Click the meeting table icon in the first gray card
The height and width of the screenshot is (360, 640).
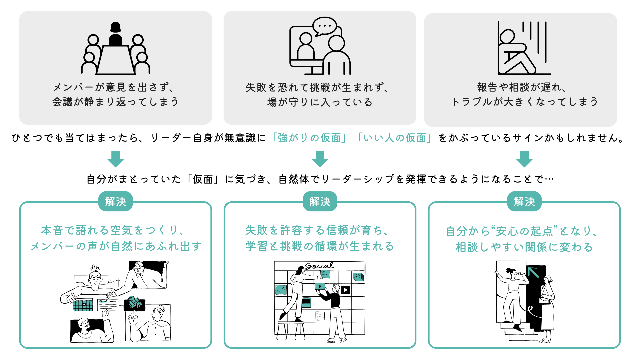click(115, 60)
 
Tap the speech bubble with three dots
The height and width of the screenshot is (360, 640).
click(324, 26)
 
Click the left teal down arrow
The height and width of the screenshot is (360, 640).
click(115, 159)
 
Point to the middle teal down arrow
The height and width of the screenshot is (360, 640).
click(320, 159)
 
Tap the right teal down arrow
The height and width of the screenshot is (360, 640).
click(524, 159)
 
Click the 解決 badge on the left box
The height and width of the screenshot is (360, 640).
click(115, 202)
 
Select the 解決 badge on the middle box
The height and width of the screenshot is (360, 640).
click(320, 202)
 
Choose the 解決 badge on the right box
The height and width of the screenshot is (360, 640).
click(524, 202)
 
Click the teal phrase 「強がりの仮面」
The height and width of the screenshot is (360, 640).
click(309, 138)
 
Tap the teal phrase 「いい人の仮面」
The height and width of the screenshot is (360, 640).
click(395, 138)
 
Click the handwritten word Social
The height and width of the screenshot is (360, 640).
click(319, 266)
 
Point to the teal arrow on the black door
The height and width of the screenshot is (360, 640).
click(533, 272)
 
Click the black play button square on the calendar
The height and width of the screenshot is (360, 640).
click(346, 290)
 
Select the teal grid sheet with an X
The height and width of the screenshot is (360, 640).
click(82, 305)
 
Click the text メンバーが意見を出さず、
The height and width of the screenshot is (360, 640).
click(113, 87)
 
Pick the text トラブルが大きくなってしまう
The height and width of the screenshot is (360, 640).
click(524, 102)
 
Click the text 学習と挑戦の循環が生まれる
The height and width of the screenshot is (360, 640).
click(320, 246)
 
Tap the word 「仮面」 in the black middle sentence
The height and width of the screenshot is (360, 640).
click(203, 179)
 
